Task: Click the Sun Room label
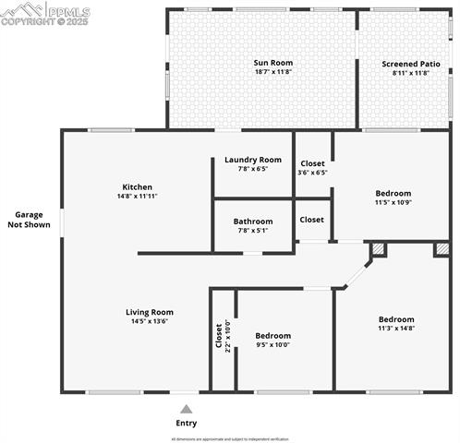273,63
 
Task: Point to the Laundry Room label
253,160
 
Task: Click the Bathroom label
253,221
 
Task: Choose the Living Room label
150,312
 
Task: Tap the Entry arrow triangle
187,409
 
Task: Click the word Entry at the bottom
187,424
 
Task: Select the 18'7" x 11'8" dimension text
273,73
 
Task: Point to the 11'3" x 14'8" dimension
396,328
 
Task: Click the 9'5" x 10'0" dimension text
272,344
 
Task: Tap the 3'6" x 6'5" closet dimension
312,172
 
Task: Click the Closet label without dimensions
312,220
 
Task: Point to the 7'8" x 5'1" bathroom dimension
253,231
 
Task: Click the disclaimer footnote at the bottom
230,439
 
